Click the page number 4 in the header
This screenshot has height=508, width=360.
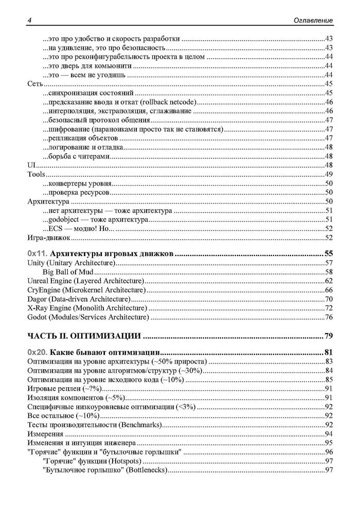(x=28, y=20)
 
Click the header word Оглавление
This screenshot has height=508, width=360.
(x=311, y=20)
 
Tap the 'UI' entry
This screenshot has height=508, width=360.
(x=30, y=165)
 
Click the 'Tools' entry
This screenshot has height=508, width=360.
(x=36, y=175)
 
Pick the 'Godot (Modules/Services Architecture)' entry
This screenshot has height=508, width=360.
(x=87, y=318)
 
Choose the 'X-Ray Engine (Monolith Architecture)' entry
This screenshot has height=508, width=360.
(x=86, y=309)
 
